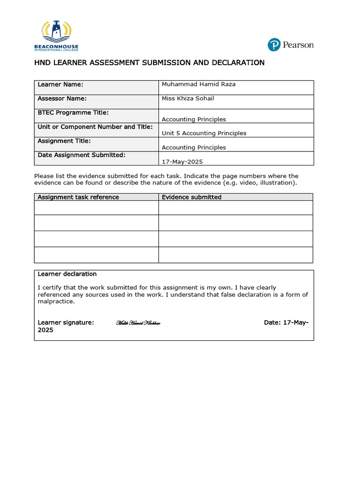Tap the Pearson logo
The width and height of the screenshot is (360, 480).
pos(290,45)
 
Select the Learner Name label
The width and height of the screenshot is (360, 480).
pos(60,84)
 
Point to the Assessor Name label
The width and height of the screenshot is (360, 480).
pos(62,98)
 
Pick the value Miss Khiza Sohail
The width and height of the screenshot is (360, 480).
pos(188,98)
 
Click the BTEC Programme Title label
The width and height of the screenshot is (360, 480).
pos(73,112)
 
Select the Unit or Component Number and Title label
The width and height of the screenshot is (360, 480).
pos(95,127)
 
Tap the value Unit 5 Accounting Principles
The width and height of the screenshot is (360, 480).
pos(204,133)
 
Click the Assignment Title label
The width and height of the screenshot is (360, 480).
pos(64,141)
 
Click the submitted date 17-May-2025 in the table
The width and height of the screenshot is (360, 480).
pos(182,162)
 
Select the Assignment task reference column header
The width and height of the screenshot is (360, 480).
pos(78,197)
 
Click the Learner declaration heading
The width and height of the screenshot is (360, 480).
pos(67,274)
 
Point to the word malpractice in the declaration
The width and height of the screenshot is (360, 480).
pos(56,301)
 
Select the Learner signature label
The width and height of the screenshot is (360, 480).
pos(66,322)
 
